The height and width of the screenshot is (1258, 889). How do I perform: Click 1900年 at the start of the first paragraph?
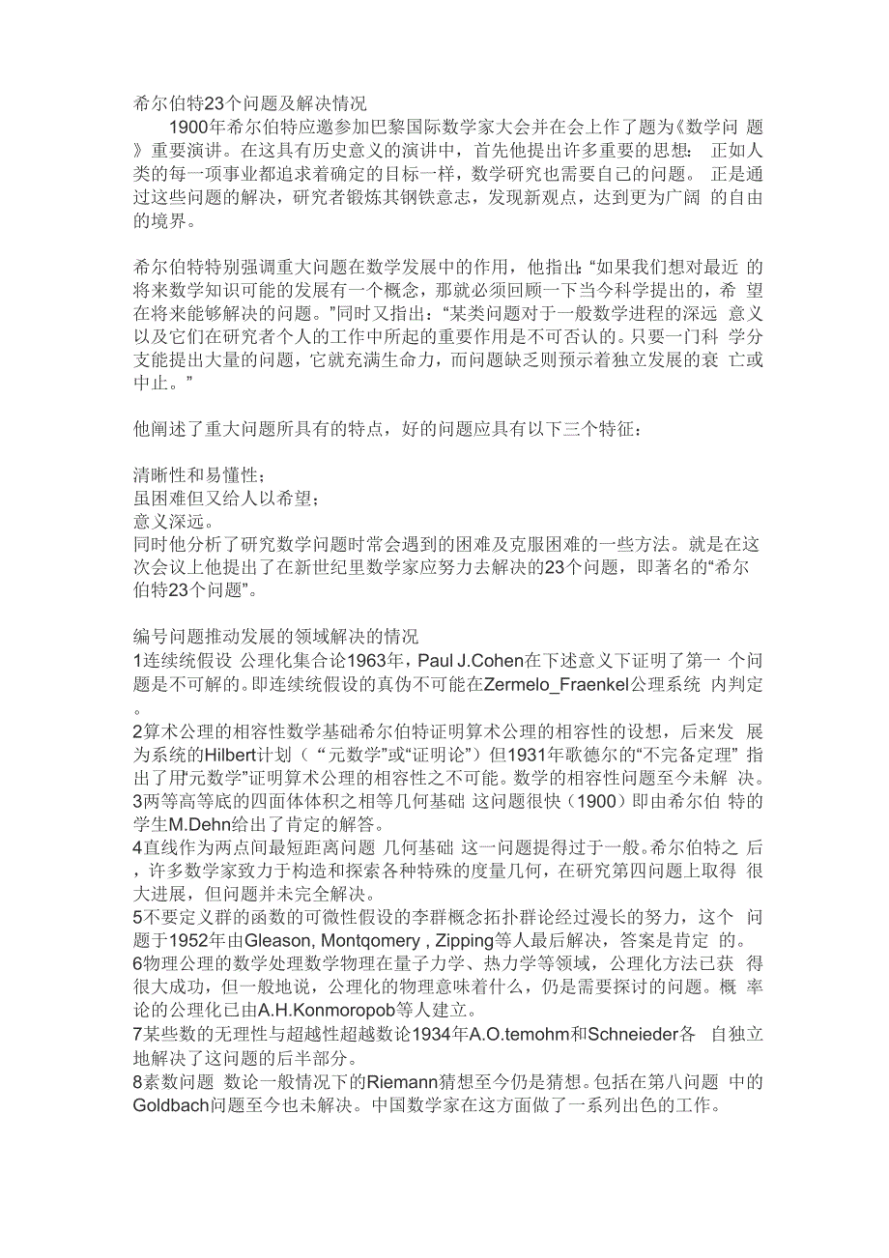click(196, 128)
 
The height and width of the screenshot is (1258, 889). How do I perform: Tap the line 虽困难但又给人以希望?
click(226, 499)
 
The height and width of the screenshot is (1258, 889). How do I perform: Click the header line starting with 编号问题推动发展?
click(275, 638)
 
